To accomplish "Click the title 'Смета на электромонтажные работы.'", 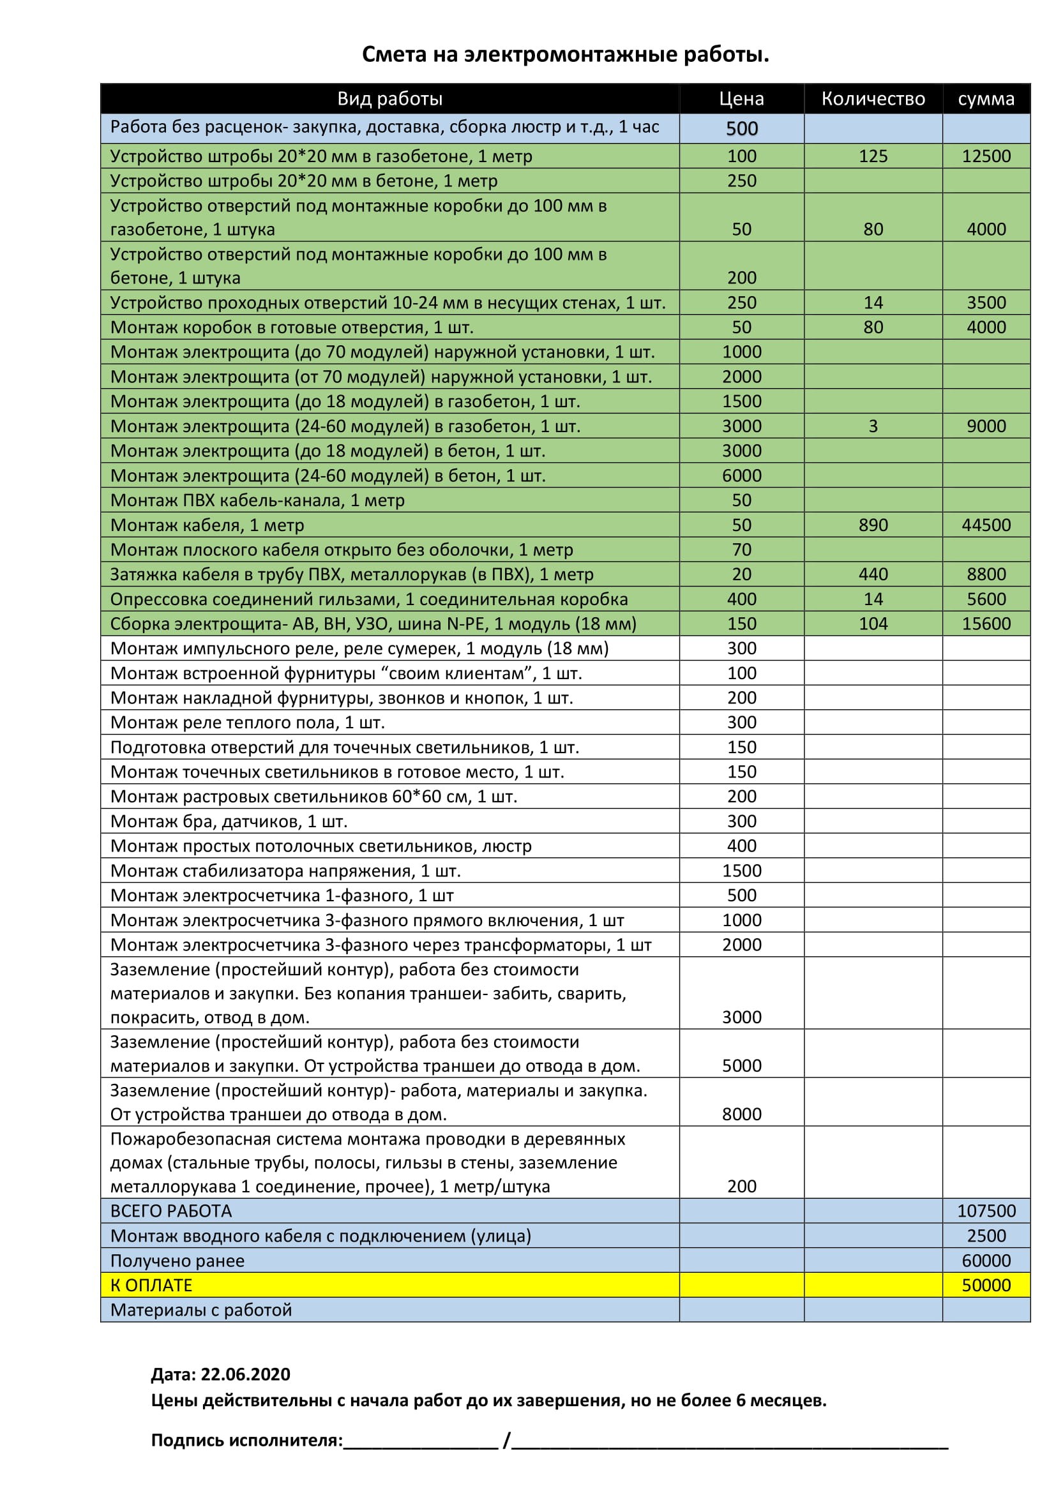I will pos(565,55).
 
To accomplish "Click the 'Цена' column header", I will pos(741,99).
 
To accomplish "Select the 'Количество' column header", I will pos(873,99).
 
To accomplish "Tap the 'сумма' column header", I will pos(986,99).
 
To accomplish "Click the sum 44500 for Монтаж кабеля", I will pos(986,525).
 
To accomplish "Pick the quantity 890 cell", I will pos(873,525).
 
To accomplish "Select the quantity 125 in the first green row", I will pos(873,156).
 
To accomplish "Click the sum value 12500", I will pos(986,156).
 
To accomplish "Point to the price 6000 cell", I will pos(741,476).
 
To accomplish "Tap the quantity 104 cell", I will pos(873,624).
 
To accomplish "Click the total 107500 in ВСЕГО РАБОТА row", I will pos(986,1211).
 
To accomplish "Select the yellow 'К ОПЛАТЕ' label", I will pos(151,1285).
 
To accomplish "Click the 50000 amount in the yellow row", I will pos(986,1285).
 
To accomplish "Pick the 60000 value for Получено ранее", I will pos(986,1260).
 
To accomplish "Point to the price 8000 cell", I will pos(741,1114).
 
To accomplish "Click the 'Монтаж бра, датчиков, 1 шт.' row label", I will pos(229,822).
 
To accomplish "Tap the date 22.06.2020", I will pos(245,1374).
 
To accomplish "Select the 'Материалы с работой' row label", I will pos(201,1310).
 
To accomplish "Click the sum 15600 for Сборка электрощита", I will pos(986,624).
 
